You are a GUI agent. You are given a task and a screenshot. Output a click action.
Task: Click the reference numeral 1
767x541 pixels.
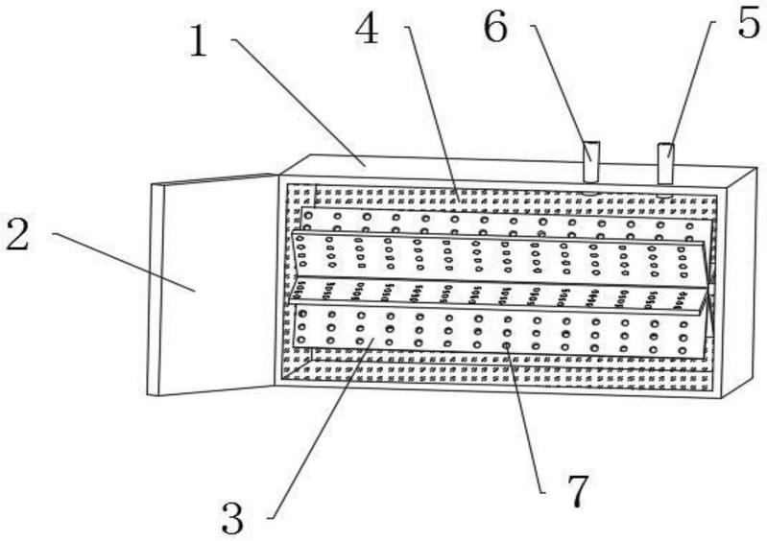pyautogui.click(x=199, y=40)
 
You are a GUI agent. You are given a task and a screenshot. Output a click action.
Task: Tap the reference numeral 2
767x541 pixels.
pyautogui.click(x=17, y=234)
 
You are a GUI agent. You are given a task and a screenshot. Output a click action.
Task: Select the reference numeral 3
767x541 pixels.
pyautogui.click(x=232, y=518)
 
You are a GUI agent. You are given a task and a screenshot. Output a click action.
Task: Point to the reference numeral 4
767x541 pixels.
pyautogui.click(x=367, y=28)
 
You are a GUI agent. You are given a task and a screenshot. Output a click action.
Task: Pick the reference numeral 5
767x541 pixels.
pyautogui.click(x=750, y=22)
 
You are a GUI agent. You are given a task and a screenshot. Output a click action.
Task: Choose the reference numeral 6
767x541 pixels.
pyautogui.click(x=495, y=27)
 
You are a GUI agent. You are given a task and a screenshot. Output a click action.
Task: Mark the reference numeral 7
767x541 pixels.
pyautogui.click(x=578, y=490)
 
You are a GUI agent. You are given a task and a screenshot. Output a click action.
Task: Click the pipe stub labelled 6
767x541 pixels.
pyautogui.click(x=591, y=162)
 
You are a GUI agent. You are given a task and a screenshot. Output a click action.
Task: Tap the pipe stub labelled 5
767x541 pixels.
pyautogui.click(x=665, y=164)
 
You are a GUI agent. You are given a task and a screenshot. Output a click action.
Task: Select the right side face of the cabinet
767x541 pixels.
pyautogui.click(x=739, y=282)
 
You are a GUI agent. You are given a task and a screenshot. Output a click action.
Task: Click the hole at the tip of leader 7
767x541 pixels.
pyautogui.click(x=507, y=345)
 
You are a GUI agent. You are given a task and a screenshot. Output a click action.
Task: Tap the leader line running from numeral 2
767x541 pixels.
pyautogui.click(x=124, y=262)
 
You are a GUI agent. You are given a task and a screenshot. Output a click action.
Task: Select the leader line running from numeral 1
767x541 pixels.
pyautogui.click(x=299, y=103)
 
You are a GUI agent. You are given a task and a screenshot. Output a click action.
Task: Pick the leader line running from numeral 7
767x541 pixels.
pyautogui.click(x=526, y=419)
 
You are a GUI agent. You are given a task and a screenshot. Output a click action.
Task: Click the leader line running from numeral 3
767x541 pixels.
pyautogui.click(x=321, y=428)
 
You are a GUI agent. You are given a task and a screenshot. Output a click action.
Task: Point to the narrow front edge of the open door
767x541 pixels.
pyautogui.click(x=155, y=290)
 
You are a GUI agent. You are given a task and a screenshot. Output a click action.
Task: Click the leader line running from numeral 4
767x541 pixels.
pyautogui.click(x=432, y=112)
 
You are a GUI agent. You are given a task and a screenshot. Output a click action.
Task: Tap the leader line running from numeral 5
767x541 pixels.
pyautogui.click(x=690, y=89)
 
